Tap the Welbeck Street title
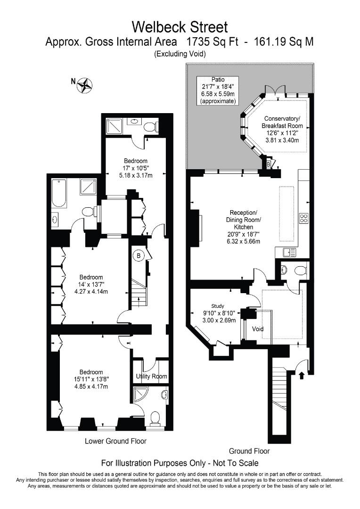(180, 27)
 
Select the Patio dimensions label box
(218, 90)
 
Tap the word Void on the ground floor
(258, 329)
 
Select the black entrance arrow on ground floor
(302, 375)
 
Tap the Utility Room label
(151, 376)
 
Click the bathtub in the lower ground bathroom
(59, 194)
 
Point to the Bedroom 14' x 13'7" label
(91, 284)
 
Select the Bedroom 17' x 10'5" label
(135, 168)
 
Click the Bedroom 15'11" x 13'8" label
(91, 379)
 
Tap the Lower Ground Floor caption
(115, 441)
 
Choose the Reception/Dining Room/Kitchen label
(244, 227)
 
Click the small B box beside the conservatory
(269, 164)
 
